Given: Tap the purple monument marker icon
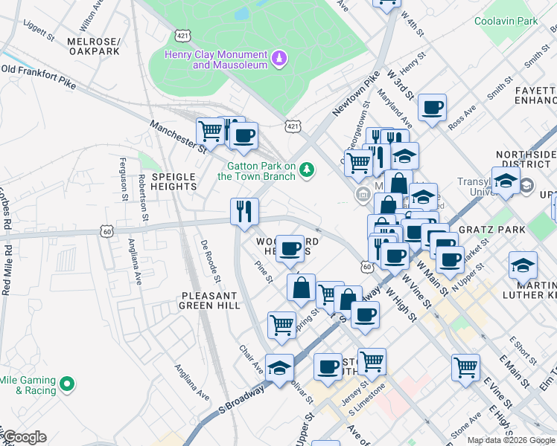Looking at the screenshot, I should (279, 58).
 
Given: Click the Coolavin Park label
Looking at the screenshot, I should (506, 22).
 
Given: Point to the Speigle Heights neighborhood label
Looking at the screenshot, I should (174, 181).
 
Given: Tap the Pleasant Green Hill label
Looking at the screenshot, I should (211, 300).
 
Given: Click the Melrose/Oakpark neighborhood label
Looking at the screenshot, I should (93, 46).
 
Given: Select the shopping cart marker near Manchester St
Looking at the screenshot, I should (211, 132).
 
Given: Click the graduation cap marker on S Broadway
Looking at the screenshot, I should (280, 368).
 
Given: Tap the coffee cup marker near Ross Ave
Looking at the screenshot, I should (432, 108).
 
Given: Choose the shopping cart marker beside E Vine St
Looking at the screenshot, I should (466, 366).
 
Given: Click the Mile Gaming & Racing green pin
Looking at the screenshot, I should (68, 384).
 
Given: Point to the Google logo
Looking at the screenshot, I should (24, 437).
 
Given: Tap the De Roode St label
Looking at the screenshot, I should (210, 262).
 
